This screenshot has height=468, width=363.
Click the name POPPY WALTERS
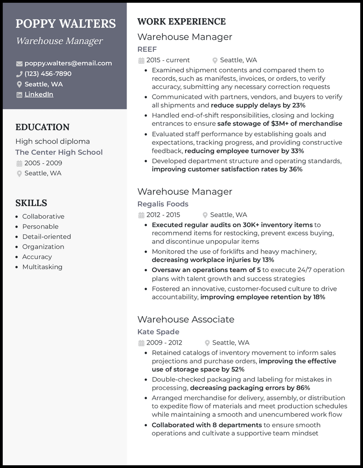pos(66,24)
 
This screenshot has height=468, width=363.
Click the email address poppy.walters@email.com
pos(68,63)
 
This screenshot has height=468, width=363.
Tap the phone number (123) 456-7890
pos(48,73)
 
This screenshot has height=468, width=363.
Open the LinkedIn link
pos(39,94)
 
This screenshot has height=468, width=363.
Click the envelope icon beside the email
pos(19,63)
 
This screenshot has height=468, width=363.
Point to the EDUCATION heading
pos(42,127)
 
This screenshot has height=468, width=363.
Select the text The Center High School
pos(59,152)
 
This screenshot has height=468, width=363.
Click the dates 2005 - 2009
pos(43,163)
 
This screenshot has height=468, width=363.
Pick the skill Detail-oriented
pos(46,237)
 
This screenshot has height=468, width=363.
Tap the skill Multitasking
pos(42,267)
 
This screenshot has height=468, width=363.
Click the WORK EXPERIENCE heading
pos(181,21)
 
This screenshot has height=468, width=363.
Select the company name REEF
pos(147,49)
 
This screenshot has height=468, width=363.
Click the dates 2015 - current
pos(168,60)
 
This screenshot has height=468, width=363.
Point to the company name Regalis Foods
pos(163,204)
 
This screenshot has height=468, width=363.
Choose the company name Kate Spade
pos(158,332)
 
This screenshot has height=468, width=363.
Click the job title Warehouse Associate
pos(186,319)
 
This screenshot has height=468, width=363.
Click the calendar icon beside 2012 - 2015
pos(141,215)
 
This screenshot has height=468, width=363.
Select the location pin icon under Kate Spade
pos(207,343)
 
